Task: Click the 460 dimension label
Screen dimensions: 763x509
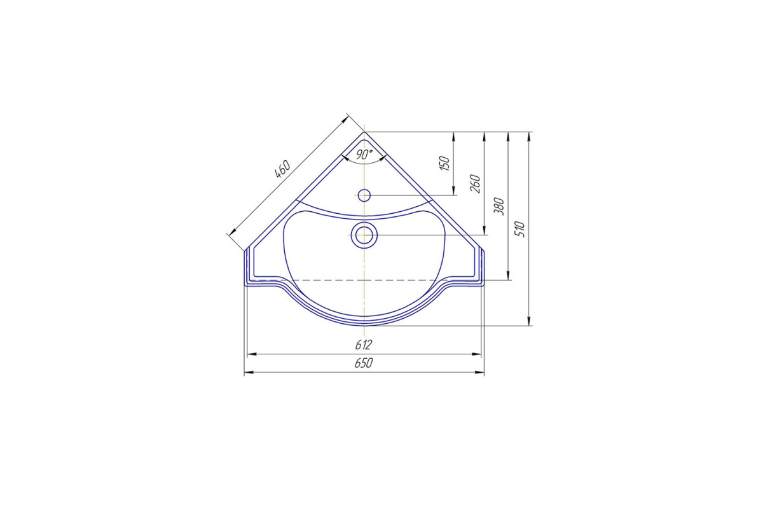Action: coord(283,169)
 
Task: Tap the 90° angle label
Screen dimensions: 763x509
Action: coord(364,155)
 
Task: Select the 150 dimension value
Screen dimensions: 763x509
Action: coord(444,164)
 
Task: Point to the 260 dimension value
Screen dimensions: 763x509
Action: coord(475,183)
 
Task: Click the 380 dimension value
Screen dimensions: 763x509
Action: coord(499,206)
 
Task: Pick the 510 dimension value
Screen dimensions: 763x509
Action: coord(521,229)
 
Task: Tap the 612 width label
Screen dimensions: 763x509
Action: coord(364,345)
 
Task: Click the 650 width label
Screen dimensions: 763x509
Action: coord(364,363)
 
